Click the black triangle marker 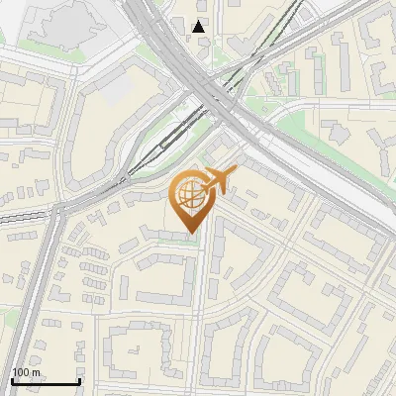pyautogui.click(x=200, y=26)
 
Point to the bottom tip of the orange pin pyautogui.click(x=190, y=233)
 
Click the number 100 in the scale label pyautogui.click(x=22, y=371)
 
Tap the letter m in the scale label pyautogui.click(x=38, y=371)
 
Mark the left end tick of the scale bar pyautogui.click(x=12, y=381)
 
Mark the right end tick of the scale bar pyautogui.click(x=79, y=381)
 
